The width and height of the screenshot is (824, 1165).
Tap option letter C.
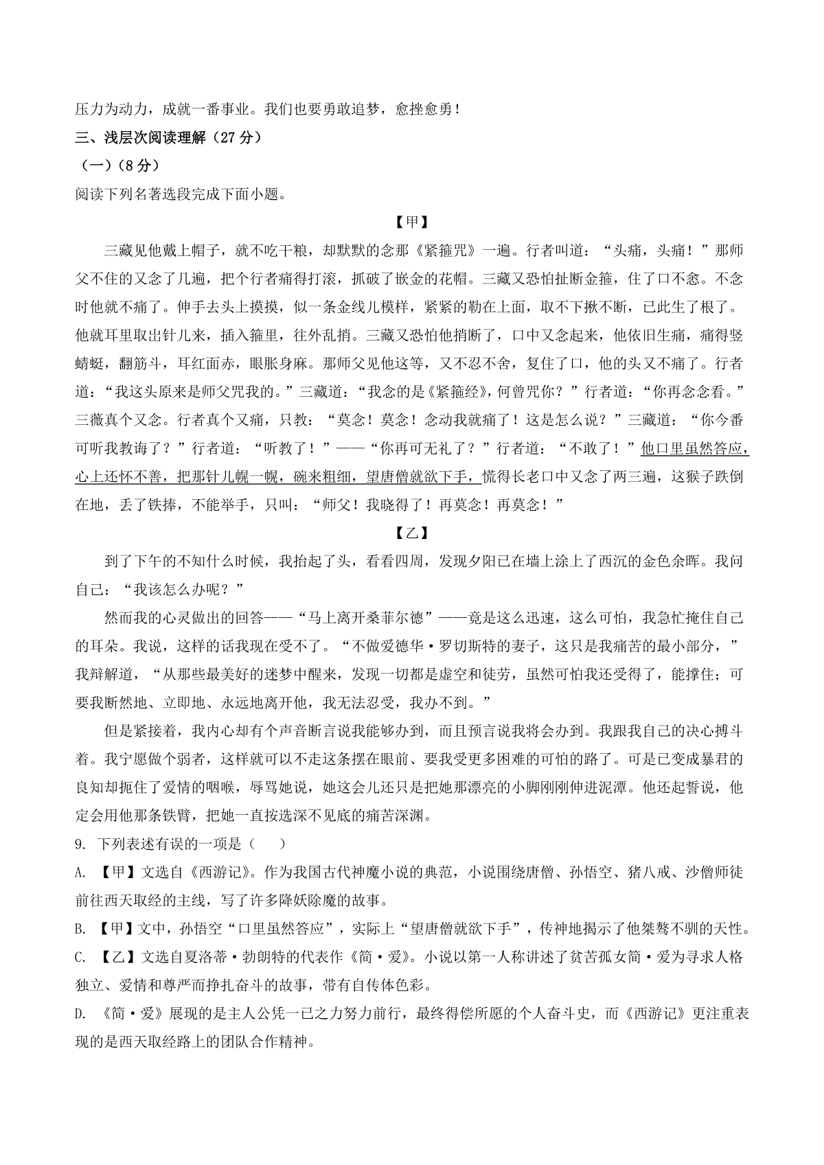[x=80, y=958]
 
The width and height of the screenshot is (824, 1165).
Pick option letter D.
[x=80, y=1015]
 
